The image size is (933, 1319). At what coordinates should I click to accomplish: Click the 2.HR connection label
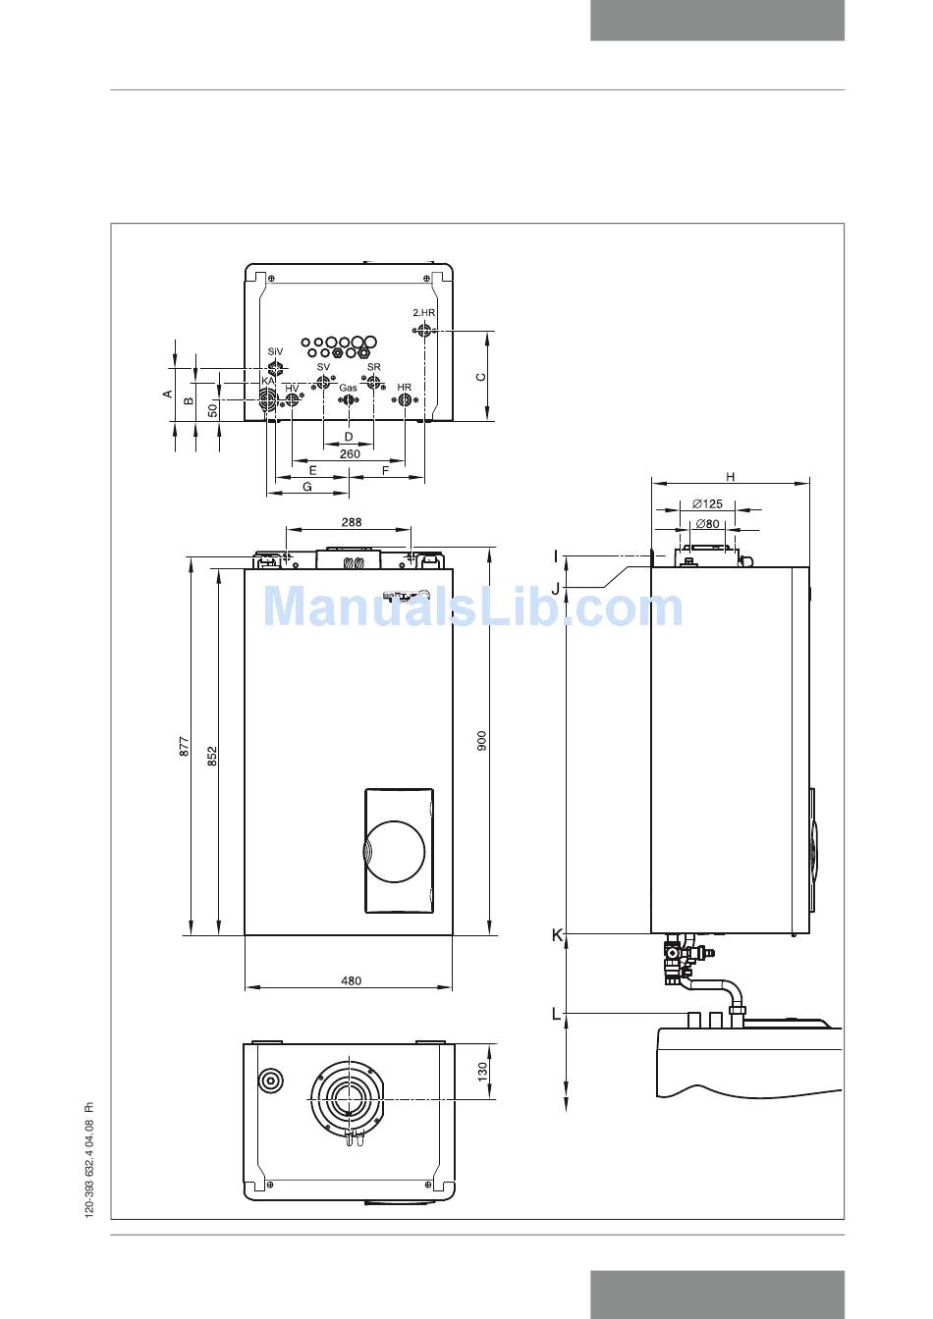click(423, 313)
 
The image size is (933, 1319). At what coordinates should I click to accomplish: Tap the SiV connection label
click(275, 351)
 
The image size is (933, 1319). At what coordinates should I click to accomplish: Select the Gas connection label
click(348, 388)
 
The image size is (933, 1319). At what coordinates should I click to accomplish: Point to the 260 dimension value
click(350, 453)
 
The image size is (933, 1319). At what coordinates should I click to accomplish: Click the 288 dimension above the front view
click(352, 522)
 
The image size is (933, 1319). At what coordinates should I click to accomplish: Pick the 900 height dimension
click(481, 740)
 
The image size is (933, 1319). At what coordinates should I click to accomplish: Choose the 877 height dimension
click(185, 746)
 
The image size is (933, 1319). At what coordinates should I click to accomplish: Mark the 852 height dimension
click(212, 757)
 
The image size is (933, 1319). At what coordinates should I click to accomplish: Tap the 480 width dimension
click(352, 980)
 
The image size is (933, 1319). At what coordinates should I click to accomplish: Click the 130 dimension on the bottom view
click(483, 1072)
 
